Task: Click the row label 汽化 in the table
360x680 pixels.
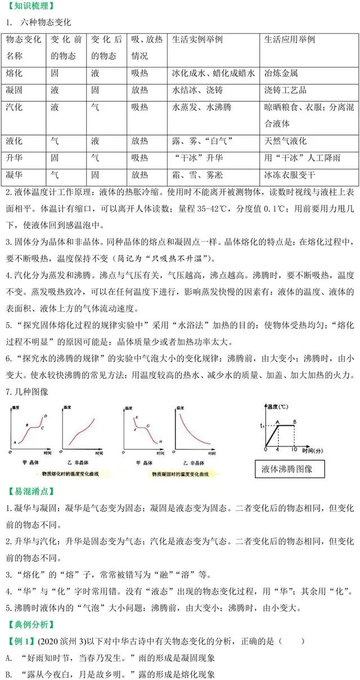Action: [14, 107]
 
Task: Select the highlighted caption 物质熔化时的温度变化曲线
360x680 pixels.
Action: [59, 474]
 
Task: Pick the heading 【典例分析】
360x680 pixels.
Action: [29, 624]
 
